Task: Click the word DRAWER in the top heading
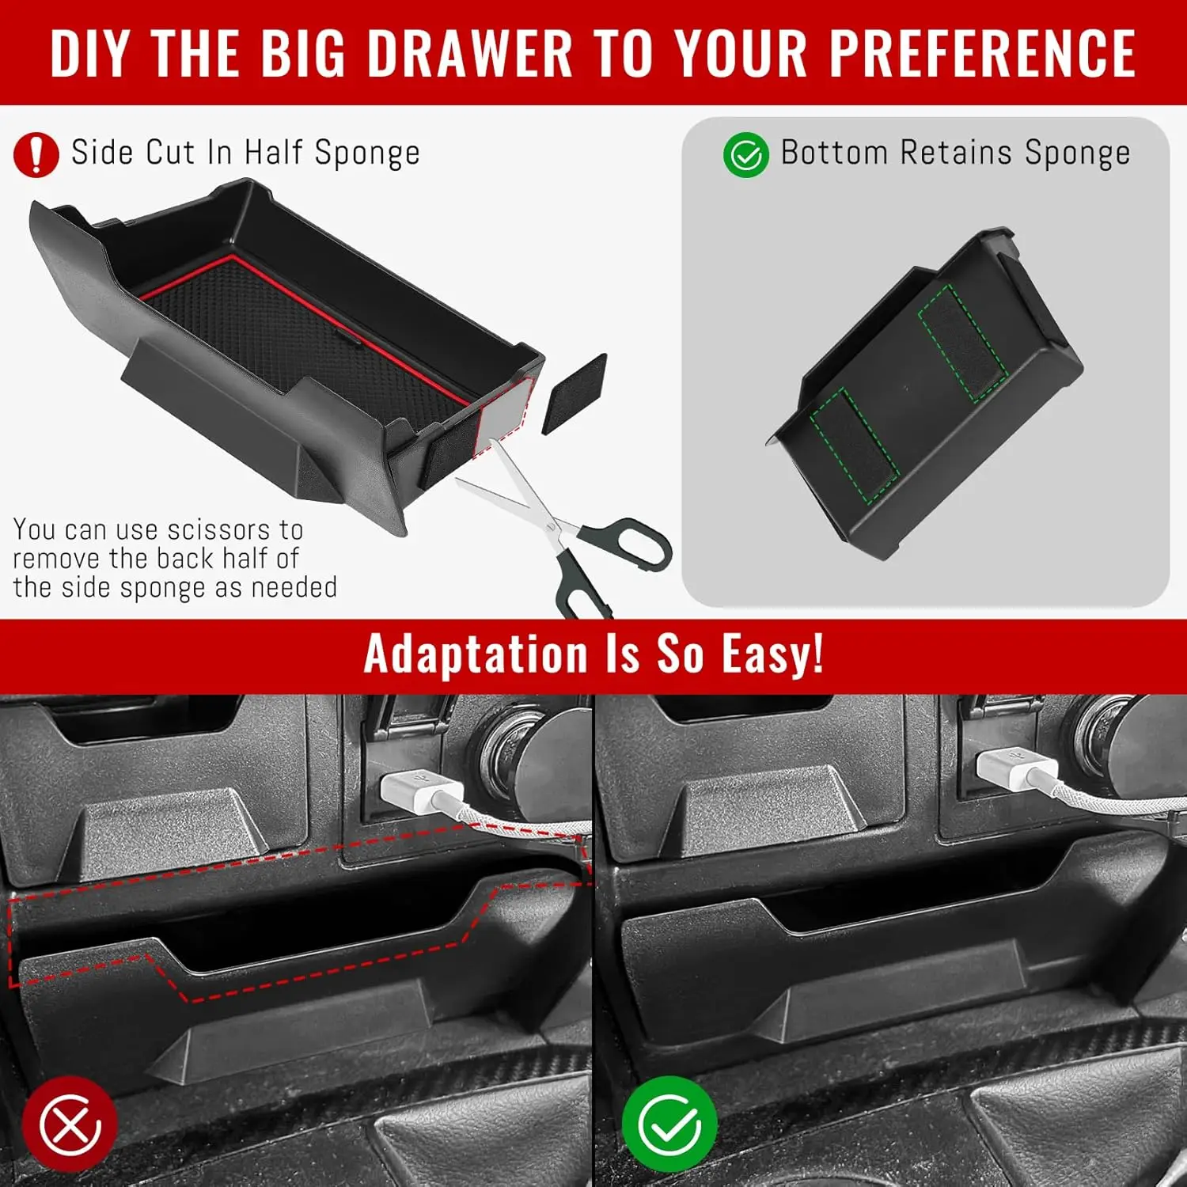point(470,54)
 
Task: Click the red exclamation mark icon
point(36,154)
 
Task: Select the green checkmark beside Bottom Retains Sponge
point(745,154)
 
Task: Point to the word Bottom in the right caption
point(834,153)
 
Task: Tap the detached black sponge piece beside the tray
point(575,393)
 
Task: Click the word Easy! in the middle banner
point(772,655)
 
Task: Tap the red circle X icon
point(70,1124)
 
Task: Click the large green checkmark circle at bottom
point(669,1124)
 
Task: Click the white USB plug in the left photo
point(419,791)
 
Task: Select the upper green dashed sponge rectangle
point(963,343)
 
